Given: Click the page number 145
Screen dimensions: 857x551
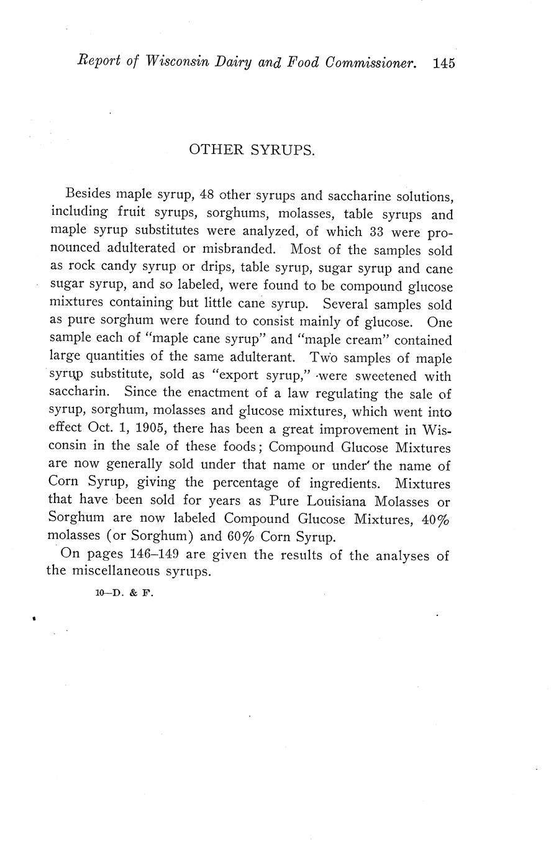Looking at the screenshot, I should tap(445, 63).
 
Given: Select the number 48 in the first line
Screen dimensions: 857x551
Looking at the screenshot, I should tap(207, 196).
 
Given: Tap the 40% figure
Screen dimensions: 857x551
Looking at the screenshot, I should tap(435, 519).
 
